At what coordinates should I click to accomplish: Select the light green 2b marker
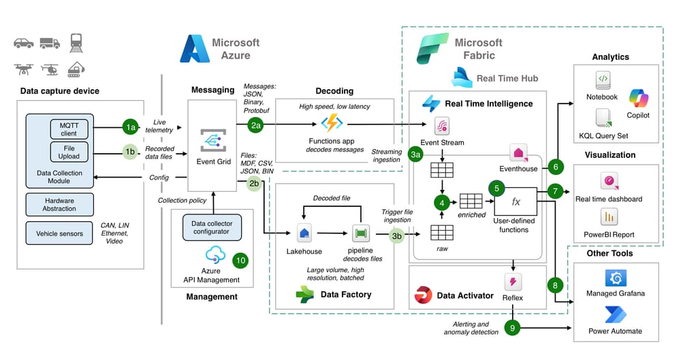click(x=253, y=184)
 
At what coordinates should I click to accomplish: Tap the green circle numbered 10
click(x=240, y=260)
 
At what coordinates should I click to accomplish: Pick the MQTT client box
click(x=69, y=129)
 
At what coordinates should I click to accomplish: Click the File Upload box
click(x=69, y=151)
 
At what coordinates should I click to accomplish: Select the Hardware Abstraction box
click(x=59, y=204)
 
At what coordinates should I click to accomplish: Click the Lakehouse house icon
click(x=304, y=233)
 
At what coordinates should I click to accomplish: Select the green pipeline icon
click(x=361, y=233)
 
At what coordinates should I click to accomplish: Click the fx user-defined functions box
click(x=516, y=202)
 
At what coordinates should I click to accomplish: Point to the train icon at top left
click(x=76, y=42)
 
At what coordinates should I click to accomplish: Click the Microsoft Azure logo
click(x=193, y=49)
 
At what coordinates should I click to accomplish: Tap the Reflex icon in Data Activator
click(x=512, y=282)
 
